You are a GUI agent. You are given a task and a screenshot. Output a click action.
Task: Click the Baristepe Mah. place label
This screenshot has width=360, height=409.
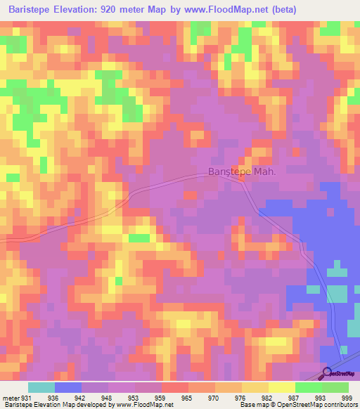coord(240,171)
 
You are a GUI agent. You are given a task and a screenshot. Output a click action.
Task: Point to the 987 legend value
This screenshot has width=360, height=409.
coord(309,398)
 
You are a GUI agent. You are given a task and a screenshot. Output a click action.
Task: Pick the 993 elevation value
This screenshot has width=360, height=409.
coord(335,398)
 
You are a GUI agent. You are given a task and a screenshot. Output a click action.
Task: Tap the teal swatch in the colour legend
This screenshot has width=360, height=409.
coord(41,387)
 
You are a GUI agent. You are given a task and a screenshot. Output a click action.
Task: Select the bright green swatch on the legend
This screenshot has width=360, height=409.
coord(309,387)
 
